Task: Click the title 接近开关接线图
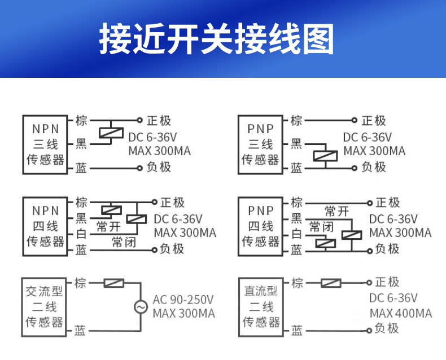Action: coord(217,39)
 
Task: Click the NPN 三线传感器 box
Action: coord(45,144)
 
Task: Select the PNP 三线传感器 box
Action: coord(260,144)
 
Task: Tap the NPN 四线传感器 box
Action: coord(45,226)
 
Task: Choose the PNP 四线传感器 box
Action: coord(260,226)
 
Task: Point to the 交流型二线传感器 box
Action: coord(44,307)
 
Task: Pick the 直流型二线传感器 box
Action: coord(261,307)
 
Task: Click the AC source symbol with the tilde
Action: coord(140,306)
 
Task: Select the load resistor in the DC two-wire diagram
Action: coord(331,283)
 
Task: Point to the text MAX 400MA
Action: coord(401,314)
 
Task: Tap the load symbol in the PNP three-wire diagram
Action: coord(326,155)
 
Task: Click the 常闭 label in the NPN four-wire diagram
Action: coord(124,242)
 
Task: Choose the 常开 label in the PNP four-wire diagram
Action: coord(336,212)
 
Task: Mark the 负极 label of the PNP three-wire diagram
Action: coord(374,167)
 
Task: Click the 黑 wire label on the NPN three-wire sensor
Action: coord(81,144)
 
